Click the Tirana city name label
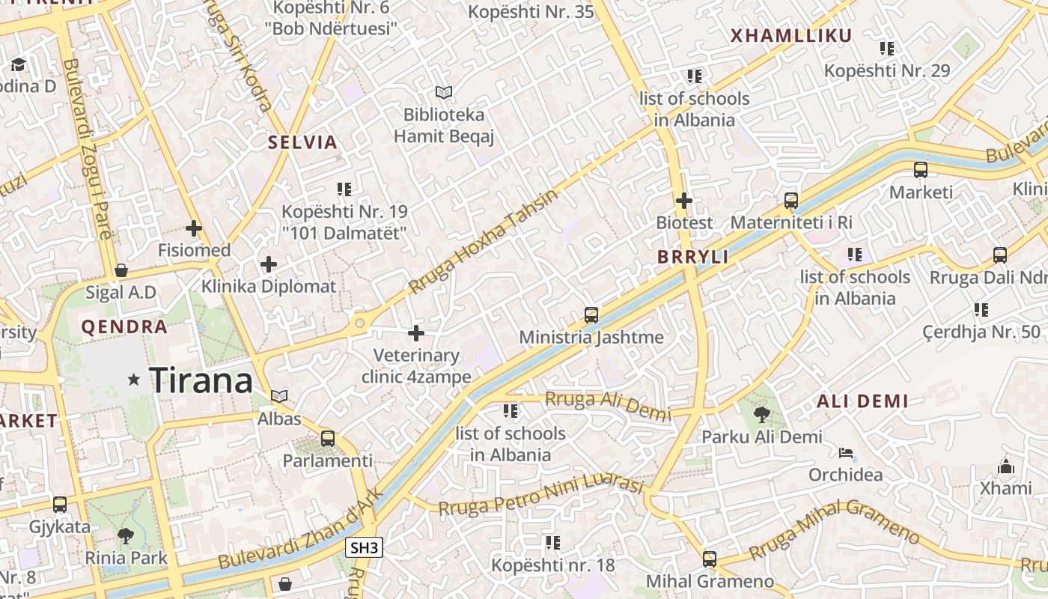(x=201, y=380)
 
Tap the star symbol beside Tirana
(x=134, y=380)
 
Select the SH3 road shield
(x=365, y=548)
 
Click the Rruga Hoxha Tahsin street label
(x=484, y=241)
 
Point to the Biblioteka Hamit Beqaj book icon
(x=444, y=92)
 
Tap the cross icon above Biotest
(x=684, y=201)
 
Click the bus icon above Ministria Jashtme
(x=591, y=315)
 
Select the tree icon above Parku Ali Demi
(x=762, y=414)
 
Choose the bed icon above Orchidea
(x=846, y=452)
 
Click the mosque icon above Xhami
(x=1006, y=466)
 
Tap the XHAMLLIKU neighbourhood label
(x=791, y=36)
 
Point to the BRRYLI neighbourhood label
(x=693, y=257)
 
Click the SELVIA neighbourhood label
(x=303, y=142)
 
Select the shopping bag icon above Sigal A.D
(x=121, y=270)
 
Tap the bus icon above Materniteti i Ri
(x=791, y=201)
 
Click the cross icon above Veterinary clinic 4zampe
(x=416, y=333)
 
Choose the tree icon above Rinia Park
(x=126, y=535)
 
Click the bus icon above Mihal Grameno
(x=709, y=559)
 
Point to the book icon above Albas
(x=279, y=396)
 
